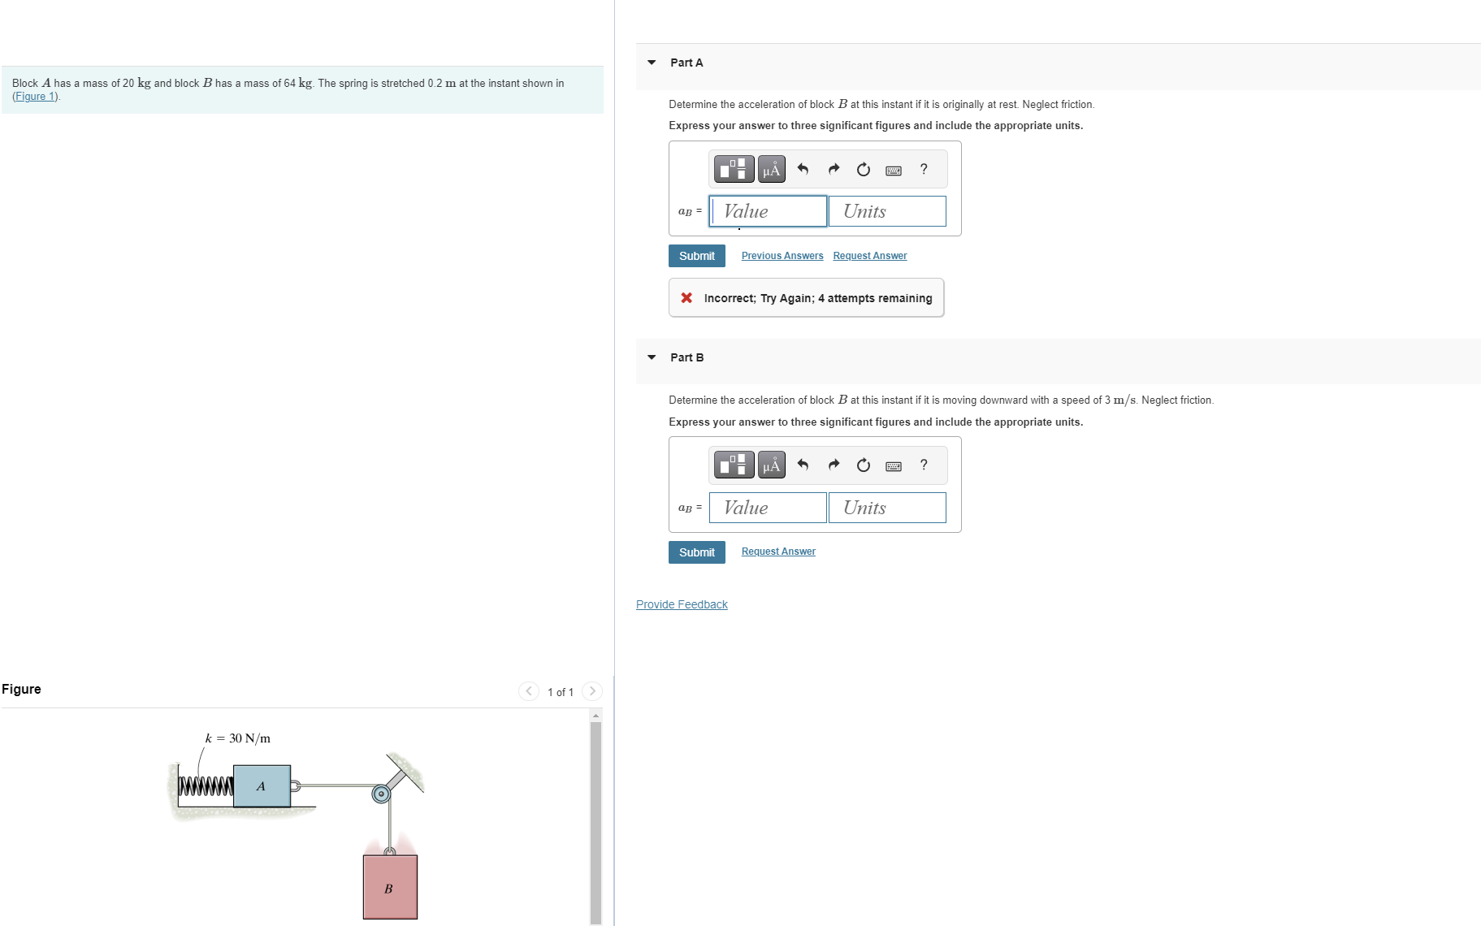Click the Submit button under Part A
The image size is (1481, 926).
point(696,256)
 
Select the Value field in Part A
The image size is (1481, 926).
point(768,211)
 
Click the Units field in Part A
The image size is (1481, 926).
point(887,211)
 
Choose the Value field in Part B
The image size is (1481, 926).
point(768,508)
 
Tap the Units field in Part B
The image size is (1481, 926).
point(887,508)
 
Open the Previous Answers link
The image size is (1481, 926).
point(782,256)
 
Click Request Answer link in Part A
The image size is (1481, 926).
point(869,256)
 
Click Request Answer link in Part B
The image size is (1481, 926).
point(777,552)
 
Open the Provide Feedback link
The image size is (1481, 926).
point(682,604)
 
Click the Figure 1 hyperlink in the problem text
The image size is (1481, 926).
point(36,97)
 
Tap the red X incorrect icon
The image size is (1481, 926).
point(686,298)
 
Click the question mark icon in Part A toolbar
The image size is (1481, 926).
point(924,169)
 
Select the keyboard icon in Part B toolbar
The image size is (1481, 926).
point(894,465)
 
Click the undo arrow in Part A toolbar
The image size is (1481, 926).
point(803,169)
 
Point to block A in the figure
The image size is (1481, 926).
point(262,785)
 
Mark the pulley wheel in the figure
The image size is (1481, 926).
point(381,794)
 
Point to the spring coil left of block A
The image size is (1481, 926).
point(206,786)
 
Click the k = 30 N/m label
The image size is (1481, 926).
point(237,738)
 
